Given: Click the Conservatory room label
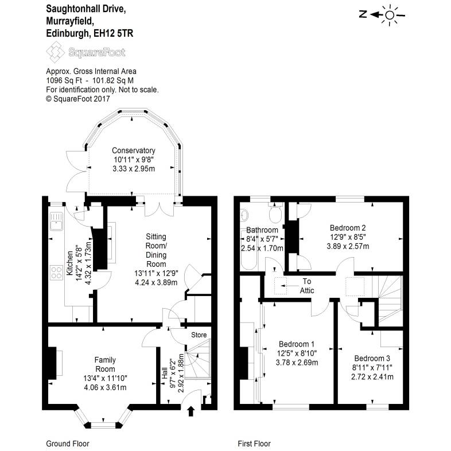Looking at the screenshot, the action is tap(134, 151).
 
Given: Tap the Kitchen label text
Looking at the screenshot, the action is tap(69, 265).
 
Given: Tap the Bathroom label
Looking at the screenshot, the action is tap(262, 230).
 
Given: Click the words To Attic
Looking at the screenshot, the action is tap(308, 286).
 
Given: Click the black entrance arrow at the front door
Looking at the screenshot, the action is tap(191, 411).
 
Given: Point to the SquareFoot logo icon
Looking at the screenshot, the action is tap(56, 52).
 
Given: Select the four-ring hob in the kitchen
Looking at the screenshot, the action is tap(56, 272).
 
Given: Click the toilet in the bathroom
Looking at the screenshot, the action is tap(274, 216).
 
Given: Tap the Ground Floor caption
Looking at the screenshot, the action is tap(67, 444).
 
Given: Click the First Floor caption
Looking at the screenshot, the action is tap(254, 444).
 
